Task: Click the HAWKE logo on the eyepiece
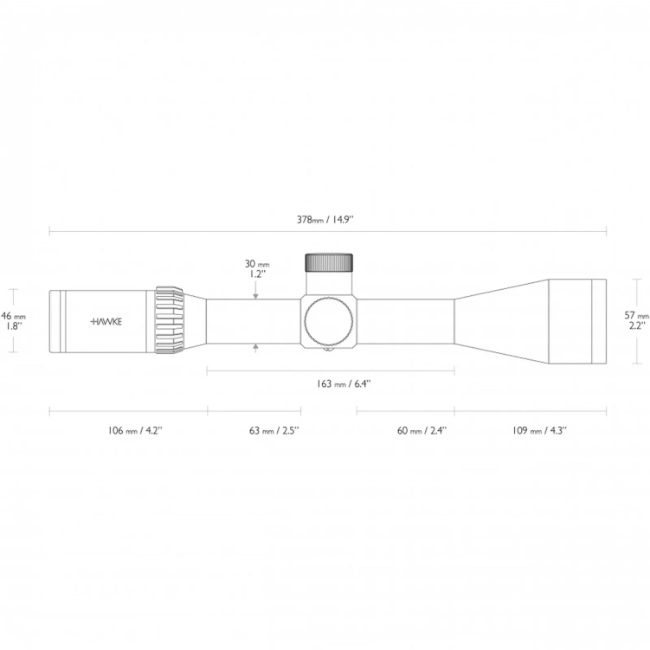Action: (x=107, y=320)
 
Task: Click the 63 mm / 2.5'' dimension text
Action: (x=274, y=430)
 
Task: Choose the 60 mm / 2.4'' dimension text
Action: (x=421, y=430)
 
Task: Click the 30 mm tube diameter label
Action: (x=256, y=263)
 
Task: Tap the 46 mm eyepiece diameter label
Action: (x=14, y=316)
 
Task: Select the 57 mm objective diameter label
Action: (x=637, y=316)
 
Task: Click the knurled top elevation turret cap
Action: (x=329, y=261)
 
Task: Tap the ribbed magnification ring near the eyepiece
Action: (x=170, y=320)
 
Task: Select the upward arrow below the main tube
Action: (x=256, y=347)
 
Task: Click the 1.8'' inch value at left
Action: (x=14, y=327)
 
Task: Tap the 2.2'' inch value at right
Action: (x=636, y=327)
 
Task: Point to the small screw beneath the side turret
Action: (x=329, y=351)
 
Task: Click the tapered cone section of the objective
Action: (x=500, y=320)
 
